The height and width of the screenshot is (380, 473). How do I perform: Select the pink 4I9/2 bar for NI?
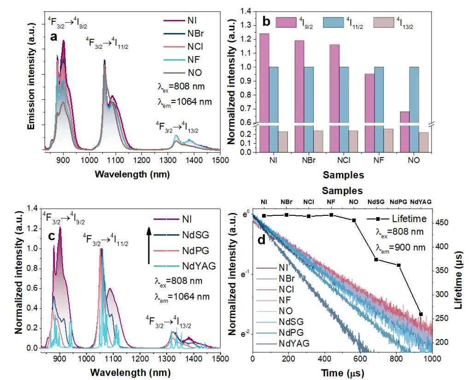tap(264, 92)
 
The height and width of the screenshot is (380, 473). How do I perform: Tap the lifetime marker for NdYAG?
tap(421, 314)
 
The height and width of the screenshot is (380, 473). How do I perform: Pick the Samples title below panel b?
tap(343, 175)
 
